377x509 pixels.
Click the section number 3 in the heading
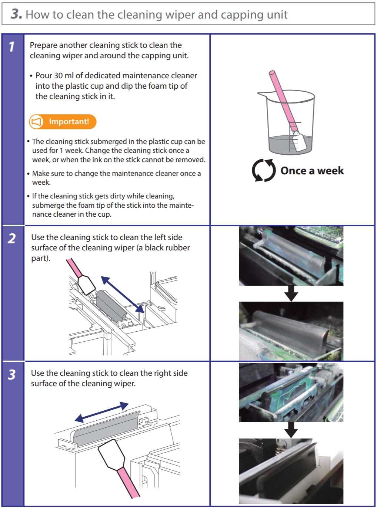click(16, 14)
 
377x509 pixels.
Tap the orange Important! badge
click(63, 122)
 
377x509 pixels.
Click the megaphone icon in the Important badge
click(36, 122)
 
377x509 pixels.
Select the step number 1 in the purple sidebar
click(12, 47)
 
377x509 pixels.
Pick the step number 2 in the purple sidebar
click(12, 239)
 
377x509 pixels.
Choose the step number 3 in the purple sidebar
click(12, 375)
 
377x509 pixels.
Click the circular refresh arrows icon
click(264, 170)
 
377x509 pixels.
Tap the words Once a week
click(312, 171)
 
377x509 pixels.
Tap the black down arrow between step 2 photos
click(291, 293)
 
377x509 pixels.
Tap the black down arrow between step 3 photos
click(291, 430)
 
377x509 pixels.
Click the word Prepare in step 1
click(43, 45)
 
